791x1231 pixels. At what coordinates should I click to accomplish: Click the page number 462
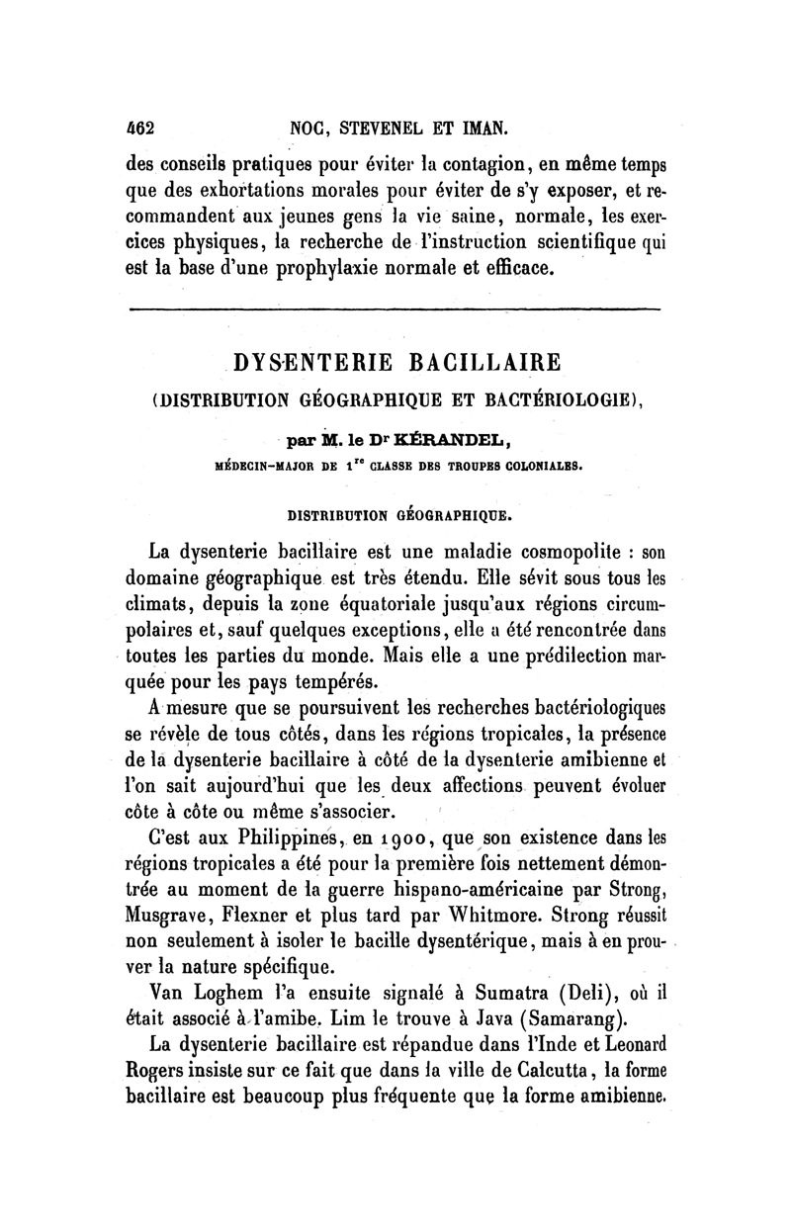click(x=144, y=127)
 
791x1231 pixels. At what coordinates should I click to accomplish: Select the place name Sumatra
click(x=474, y=989)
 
